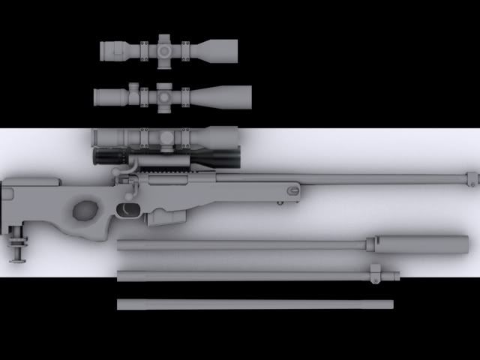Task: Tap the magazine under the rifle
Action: [x=166, y=217]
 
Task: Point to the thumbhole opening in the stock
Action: [x=84, y=209]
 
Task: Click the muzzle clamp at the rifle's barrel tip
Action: [x=472, y=179]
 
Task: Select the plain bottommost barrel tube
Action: [x=255, y=304]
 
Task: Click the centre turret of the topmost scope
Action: [x=165, y=50]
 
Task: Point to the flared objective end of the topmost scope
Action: [x=221, y=50]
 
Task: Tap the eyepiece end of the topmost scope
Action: [x=112, y=50]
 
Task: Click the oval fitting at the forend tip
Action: [x=292, y=193]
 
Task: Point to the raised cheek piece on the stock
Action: [x=34, y=181]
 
